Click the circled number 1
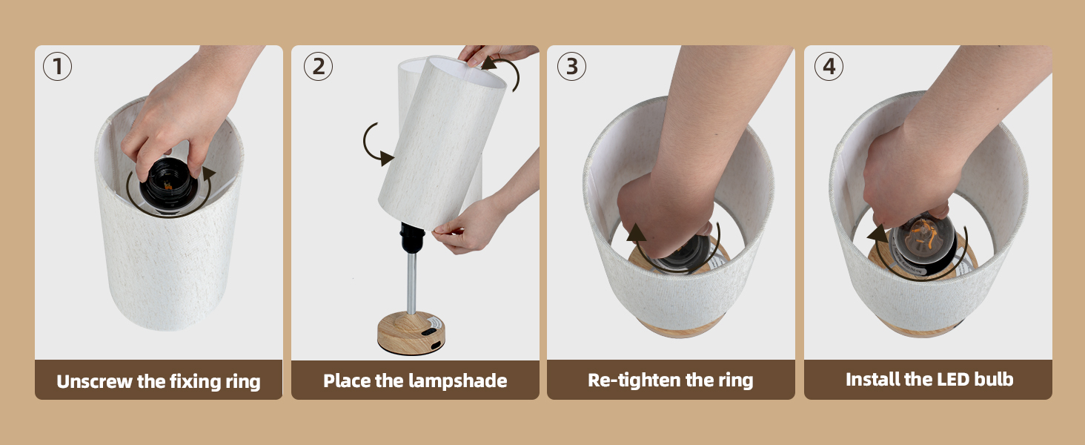(x=57, y=67)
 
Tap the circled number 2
(x=318, y=67)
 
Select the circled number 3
(x=571, y=67)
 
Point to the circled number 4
(x=829, y=67)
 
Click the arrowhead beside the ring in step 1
(x=210, y=173)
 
